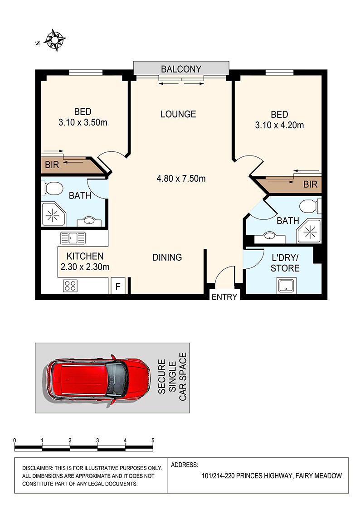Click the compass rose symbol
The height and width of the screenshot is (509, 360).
pos(55,40)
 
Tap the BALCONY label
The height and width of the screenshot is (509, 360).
pos(181,69)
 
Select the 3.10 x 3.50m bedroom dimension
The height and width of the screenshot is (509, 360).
pos(83,122)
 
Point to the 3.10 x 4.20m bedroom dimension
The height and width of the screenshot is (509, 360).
pos(279,125)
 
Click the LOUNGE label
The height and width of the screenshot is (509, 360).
pos(178,114)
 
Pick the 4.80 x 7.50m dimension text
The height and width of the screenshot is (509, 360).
pos(181,179)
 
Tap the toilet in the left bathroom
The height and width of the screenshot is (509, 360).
pos(52,188)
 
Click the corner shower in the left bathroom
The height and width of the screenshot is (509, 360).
pos(53,214)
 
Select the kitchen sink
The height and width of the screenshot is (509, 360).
pos(73,238)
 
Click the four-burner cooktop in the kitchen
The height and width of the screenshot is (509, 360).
pos(70,286)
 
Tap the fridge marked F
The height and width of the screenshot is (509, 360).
pos(118,286)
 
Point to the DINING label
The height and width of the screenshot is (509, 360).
pos(167,257)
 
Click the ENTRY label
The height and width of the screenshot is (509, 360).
pos(224,297)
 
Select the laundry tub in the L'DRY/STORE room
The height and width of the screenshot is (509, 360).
pos(286,286)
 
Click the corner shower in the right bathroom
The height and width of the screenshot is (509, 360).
pos(309,232)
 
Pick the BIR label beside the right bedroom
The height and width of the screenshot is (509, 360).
pos(310,184)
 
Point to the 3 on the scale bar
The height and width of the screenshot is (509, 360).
pos(97,441)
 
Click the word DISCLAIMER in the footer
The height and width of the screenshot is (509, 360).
pos(37,468)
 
